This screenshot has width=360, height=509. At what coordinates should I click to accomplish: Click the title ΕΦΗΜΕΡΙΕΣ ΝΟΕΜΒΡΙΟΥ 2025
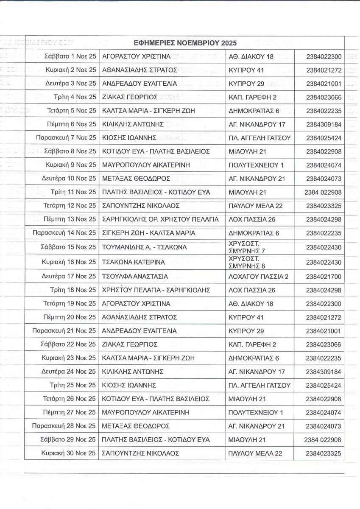184,43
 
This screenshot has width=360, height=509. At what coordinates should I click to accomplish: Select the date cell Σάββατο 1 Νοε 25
70,56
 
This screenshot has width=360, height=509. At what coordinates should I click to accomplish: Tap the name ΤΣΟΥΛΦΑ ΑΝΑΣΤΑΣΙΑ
135,277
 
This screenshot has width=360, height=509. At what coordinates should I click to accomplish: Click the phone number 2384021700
324,277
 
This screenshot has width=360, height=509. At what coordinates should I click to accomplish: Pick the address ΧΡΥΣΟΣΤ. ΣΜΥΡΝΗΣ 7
247,247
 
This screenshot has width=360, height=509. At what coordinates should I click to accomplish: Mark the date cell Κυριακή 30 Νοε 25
69,453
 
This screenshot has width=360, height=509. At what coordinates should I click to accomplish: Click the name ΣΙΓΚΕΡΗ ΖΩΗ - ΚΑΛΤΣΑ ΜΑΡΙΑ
149,233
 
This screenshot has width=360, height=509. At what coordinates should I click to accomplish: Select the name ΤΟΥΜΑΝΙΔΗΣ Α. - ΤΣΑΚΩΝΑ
145,247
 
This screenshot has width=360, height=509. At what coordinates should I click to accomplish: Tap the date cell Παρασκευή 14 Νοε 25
64,233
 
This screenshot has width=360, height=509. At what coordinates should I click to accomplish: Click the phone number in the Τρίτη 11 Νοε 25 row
323,192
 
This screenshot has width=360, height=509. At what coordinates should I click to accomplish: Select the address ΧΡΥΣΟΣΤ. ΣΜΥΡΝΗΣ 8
247,262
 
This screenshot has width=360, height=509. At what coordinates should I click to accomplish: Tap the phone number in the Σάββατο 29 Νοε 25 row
323,440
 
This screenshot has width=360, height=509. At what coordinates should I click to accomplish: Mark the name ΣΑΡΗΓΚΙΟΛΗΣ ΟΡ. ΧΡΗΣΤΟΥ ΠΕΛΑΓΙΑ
161,219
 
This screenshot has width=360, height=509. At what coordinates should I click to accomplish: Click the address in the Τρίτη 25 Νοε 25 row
260,385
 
